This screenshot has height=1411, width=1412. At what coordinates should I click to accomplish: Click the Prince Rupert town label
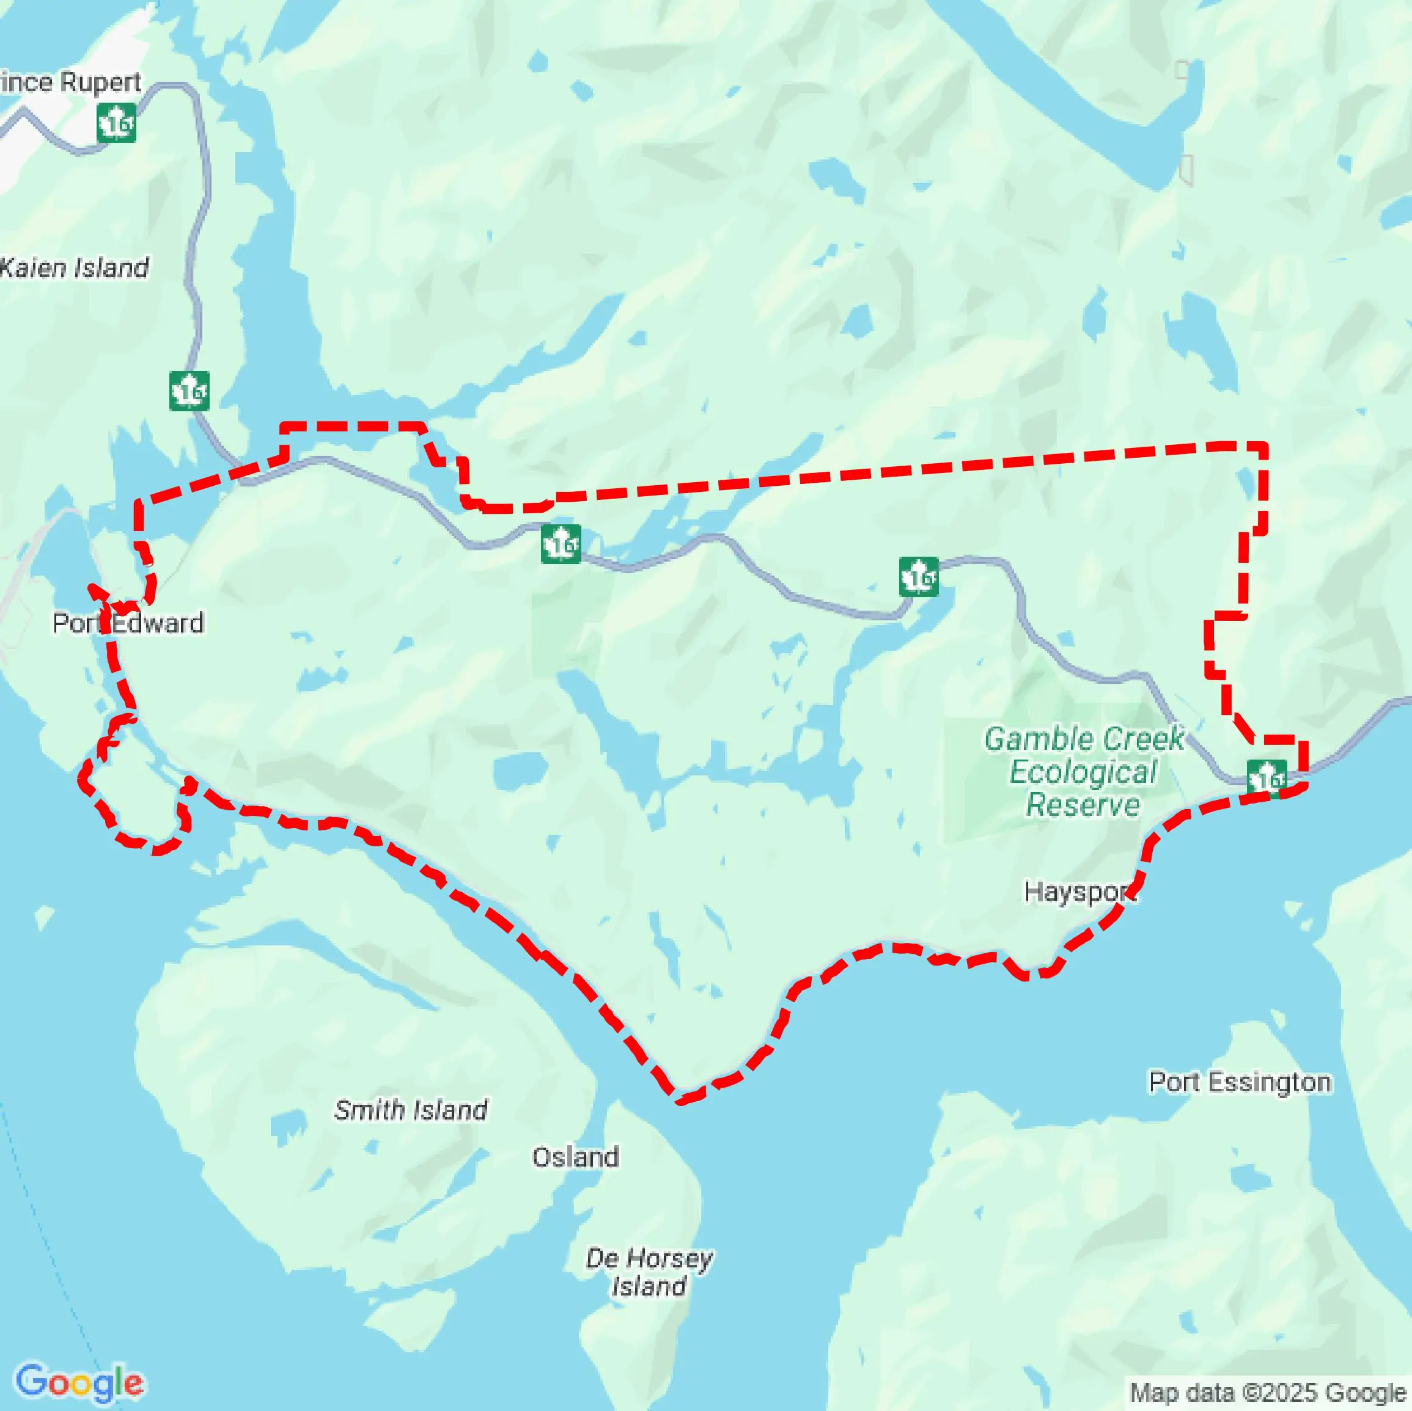(x=70, y=82)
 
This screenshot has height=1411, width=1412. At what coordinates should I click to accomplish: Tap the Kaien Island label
(x=75, y=268)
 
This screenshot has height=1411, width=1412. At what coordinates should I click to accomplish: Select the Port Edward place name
(x=128, y=623)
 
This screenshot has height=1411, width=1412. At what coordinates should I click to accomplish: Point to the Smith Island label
(x=411, y=1109)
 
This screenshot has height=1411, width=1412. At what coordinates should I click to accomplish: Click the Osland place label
(x=575, y=1157)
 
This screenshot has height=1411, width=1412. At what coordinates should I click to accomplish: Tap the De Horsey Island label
(x=649, y=1272)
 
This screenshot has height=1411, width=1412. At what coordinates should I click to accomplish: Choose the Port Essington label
(x=1239, y=1082)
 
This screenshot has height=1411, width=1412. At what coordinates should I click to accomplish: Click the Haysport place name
(x=1079, y=892)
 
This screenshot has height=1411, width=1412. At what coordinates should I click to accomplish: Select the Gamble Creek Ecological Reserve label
(x=1083, y=772)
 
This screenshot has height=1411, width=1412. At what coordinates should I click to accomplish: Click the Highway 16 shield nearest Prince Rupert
(x=116, y=123)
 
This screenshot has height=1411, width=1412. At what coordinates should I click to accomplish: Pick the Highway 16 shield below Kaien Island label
(x=189, y=391)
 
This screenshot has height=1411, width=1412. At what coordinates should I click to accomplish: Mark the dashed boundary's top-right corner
(x=1264, y=445)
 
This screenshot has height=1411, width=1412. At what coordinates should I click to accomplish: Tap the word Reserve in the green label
(x=1083, y=805)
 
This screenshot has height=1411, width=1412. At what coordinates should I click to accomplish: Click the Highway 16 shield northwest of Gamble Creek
(x=919, y=576)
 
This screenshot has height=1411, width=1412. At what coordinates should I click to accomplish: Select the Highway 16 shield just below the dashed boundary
(x=561, y=544)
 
